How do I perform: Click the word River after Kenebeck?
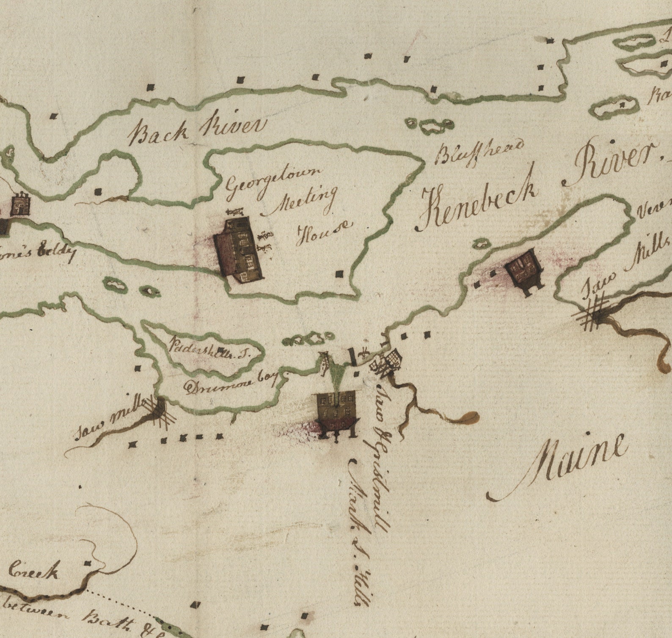point(609,163)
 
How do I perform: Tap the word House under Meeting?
point(323,233)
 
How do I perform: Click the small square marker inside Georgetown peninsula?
point(339,274)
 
